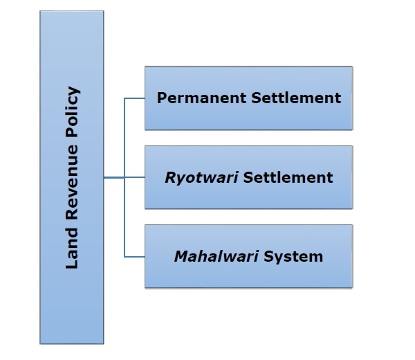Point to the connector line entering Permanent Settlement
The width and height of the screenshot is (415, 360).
(134, 98)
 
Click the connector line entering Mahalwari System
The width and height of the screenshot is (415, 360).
(134, 257)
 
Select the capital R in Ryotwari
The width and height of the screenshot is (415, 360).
(169, 177)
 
